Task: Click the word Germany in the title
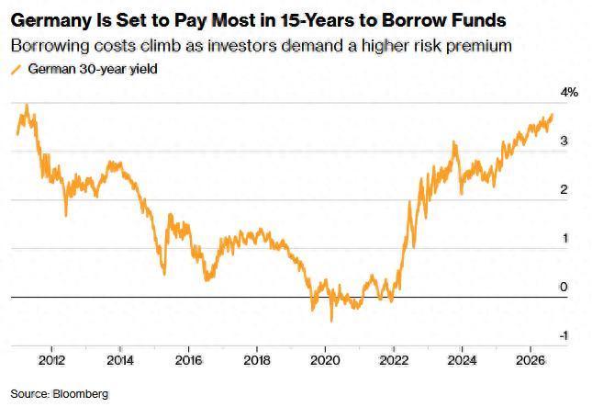(51, 21)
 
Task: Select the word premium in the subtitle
(479, 47)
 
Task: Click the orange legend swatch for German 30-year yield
(16, 70)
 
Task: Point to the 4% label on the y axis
(569, 92)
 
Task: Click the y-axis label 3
(564, 141)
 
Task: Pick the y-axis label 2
(564, 189)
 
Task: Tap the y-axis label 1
(564, 238)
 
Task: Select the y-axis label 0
(564, 287)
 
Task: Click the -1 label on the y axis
(563, 335)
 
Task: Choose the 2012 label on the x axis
(51, 360)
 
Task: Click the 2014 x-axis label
(120, 360)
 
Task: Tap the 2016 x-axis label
(188, 360)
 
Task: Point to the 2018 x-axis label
(257, 360)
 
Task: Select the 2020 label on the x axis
(325, 360)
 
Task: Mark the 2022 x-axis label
(394, 360)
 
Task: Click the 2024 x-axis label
(462, 360)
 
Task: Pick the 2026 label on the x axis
(531, 360)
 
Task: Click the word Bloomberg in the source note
(81, 394)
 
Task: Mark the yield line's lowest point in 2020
(331, 321)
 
